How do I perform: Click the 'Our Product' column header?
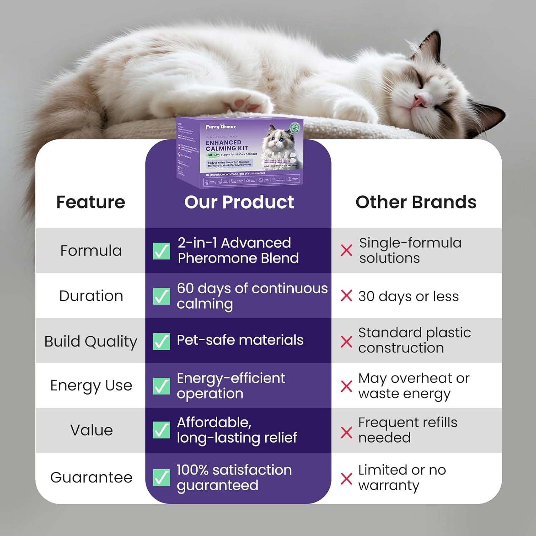239,202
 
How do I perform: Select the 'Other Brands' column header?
416,202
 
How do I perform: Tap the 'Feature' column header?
91,202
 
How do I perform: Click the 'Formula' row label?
91,250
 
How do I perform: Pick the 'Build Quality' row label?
91,341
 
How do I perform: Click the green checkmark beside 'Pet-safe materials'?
162,341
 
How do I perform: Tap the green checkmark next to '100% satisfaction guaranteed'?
162,477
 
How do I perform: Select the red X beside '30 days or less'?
346,296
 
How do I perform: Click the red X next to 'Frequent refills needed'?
346,432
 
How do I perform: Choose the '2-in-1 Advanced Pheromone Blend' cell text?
238,250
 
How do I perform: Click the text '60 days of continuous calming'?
252,296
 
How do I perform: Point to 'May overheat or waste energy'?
414,386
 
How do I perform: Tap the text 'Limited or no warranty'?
402,477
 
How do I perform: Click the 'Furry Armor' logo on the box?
221,126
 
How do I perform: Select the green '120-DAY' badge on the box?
213,155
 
